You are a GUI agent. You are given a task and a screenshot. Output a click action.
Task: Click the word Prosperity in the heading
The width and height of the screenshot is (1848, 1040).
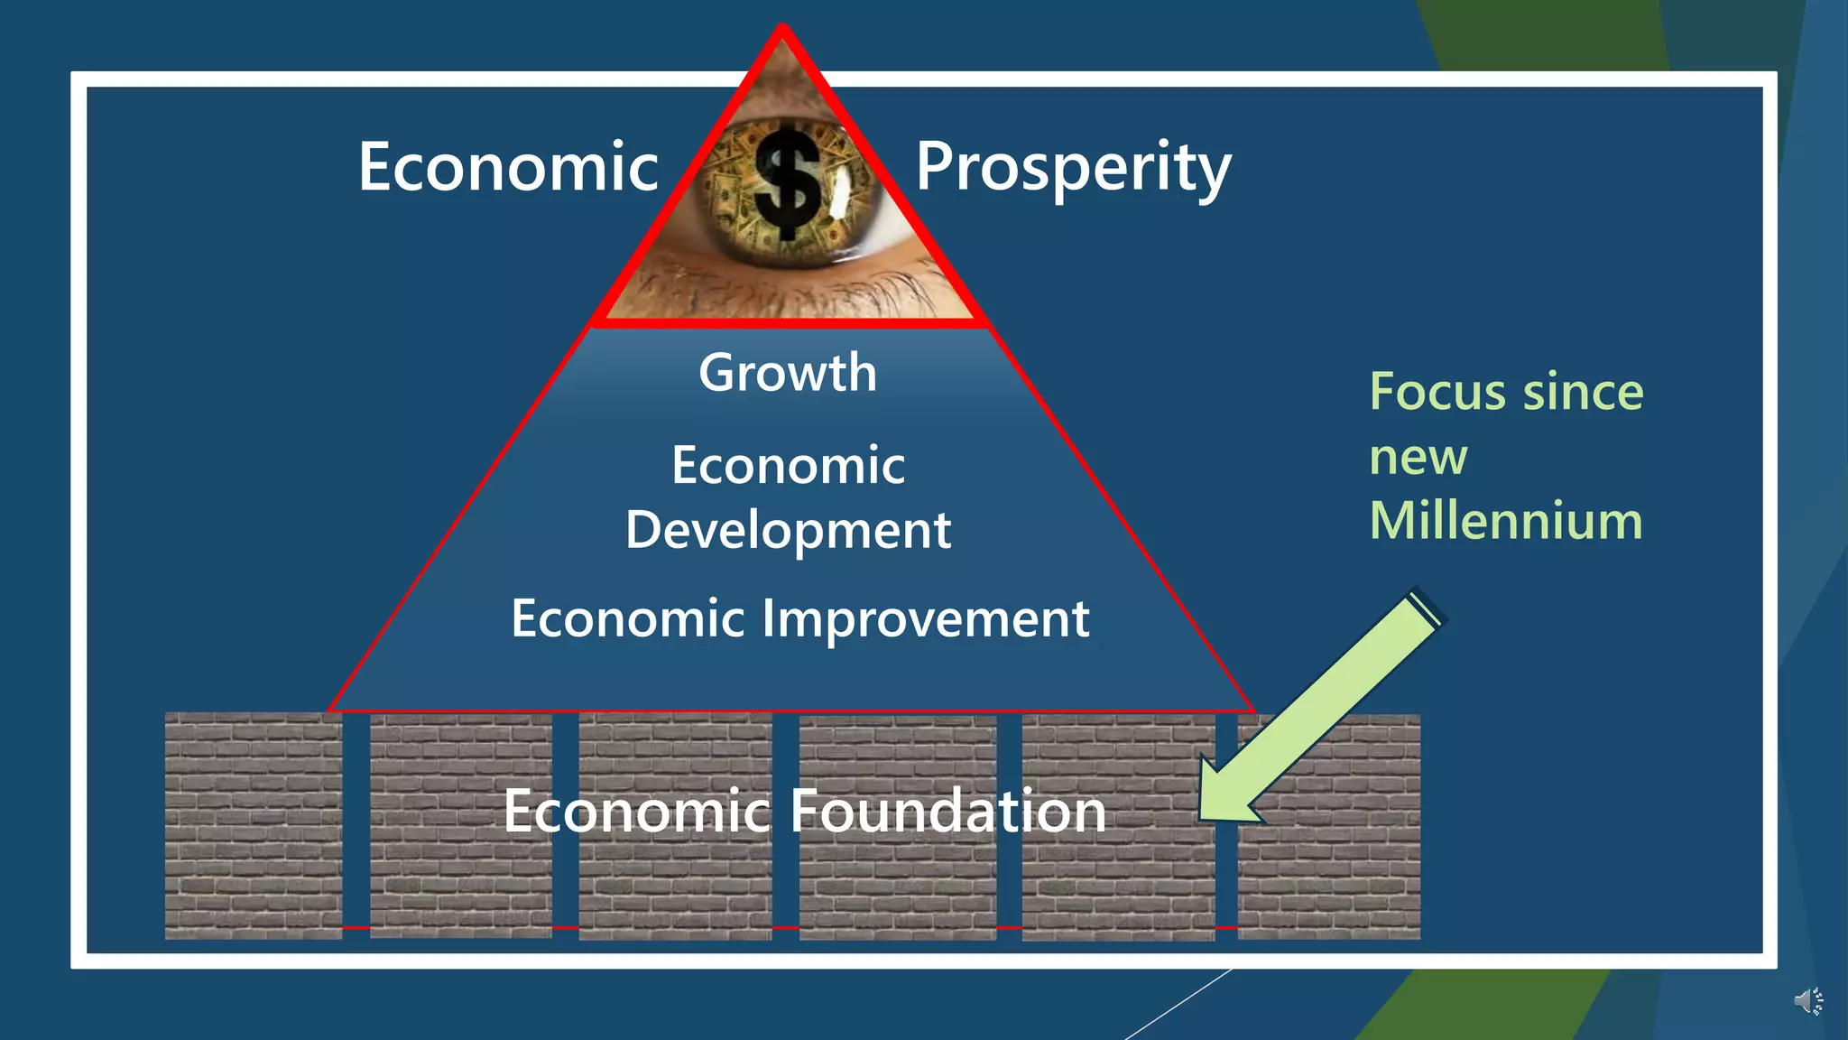(1073, 168)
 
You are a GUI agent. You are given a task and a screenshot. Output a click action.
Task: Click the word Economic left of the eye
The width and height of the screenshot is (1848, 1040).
(508, 168)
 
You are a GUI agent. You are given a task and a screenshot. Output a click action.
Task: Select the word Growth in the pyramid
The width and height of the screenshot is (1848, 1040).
(788, 373)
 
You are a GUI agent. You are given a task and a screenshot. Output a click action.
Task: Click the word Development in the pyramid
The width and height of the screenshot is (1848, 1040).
(788, 530)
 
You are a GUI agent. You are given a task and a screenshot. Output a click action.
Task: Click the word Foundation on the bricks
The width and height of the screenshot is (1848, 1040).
(947, 811)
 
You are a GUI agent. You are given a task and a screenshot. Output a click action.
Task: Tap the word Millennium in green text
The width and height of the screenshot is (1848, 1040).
(1506, 521)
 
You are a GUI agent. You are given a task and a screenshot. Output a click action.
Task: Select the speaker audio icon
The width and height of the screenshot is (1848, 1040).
(1807, 1001)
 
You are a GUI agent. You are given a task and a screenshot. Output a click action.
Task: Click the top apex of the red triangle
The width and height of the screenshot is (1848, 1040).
(782, 30)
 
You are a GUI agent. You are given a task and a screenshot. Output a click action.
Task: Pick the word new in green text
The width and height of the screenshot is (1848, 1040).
(1418, 457)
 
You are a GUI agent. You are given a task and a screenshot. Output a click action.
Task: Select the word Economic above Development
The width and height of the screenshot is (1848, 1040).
(788, 466)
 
